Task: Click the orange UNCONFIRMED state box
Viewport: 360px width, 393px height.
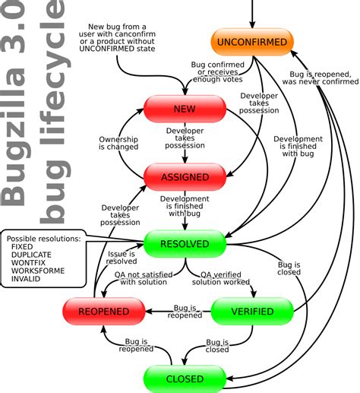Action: [x=251, y=43]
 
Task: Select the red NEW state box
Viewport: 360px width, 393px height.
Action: [x=184, y=109]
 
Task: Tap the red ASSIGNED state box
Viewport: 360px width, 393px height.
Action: [x=184, y=176]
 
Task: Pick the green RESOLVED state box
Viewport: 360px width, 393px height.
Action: [x=184, y=244]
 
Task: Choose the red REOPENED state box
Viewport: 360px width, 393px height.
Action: [x=103, y=310]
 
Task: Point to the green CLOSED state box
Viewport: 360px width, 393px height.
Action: [x=184, y=378]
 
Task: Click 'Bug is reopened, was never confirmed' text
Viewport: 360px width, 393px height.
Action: [x=322, y=78]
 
